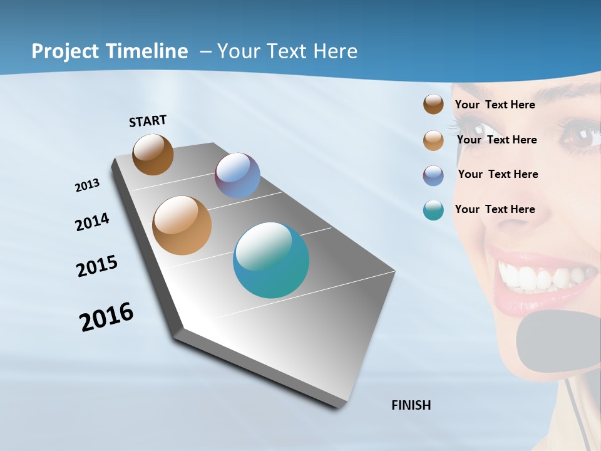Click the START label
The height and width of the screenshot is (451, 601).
(x=148, y=121)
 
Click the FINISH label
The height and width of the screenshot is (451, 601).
(x=411, y=405)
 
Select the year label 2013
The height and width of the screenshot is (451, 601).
(x=87, y=185)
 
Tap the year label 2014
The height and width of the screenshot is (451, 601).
(x=92, y=222)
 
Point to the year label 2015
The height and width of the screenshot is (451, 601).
(x=97, y=266)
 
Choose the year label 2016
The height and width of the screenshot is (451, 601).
(x=106, y=317)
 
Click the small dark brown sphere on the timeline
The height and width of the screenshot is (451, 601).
(x=153, y=154)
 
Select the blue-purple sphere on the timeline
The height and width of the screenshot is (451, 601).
(x=237, y=175)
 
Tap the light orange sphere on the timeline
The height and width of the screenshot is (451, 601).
(x=182, y=225)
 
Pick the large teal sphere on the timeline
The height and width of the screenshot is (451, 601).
(x=271, y=260)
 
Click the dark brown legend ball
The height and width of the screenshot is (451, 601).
(x=433, y=105)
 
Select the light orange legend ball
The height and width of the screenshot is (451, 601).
(x=433, y=140)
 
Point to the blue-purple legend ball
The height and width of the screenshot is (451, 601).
(x=433, y=175)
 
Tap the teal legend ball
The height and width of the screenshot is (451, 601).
(x=433, y=210)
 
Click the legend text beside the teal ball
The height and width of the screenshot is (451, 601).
(x=495, y=209)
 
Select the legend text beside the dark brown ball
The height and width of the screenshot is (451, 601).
(x=495, y=105)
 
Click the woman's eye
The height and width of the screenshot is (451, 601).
(x=579, y=136)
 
